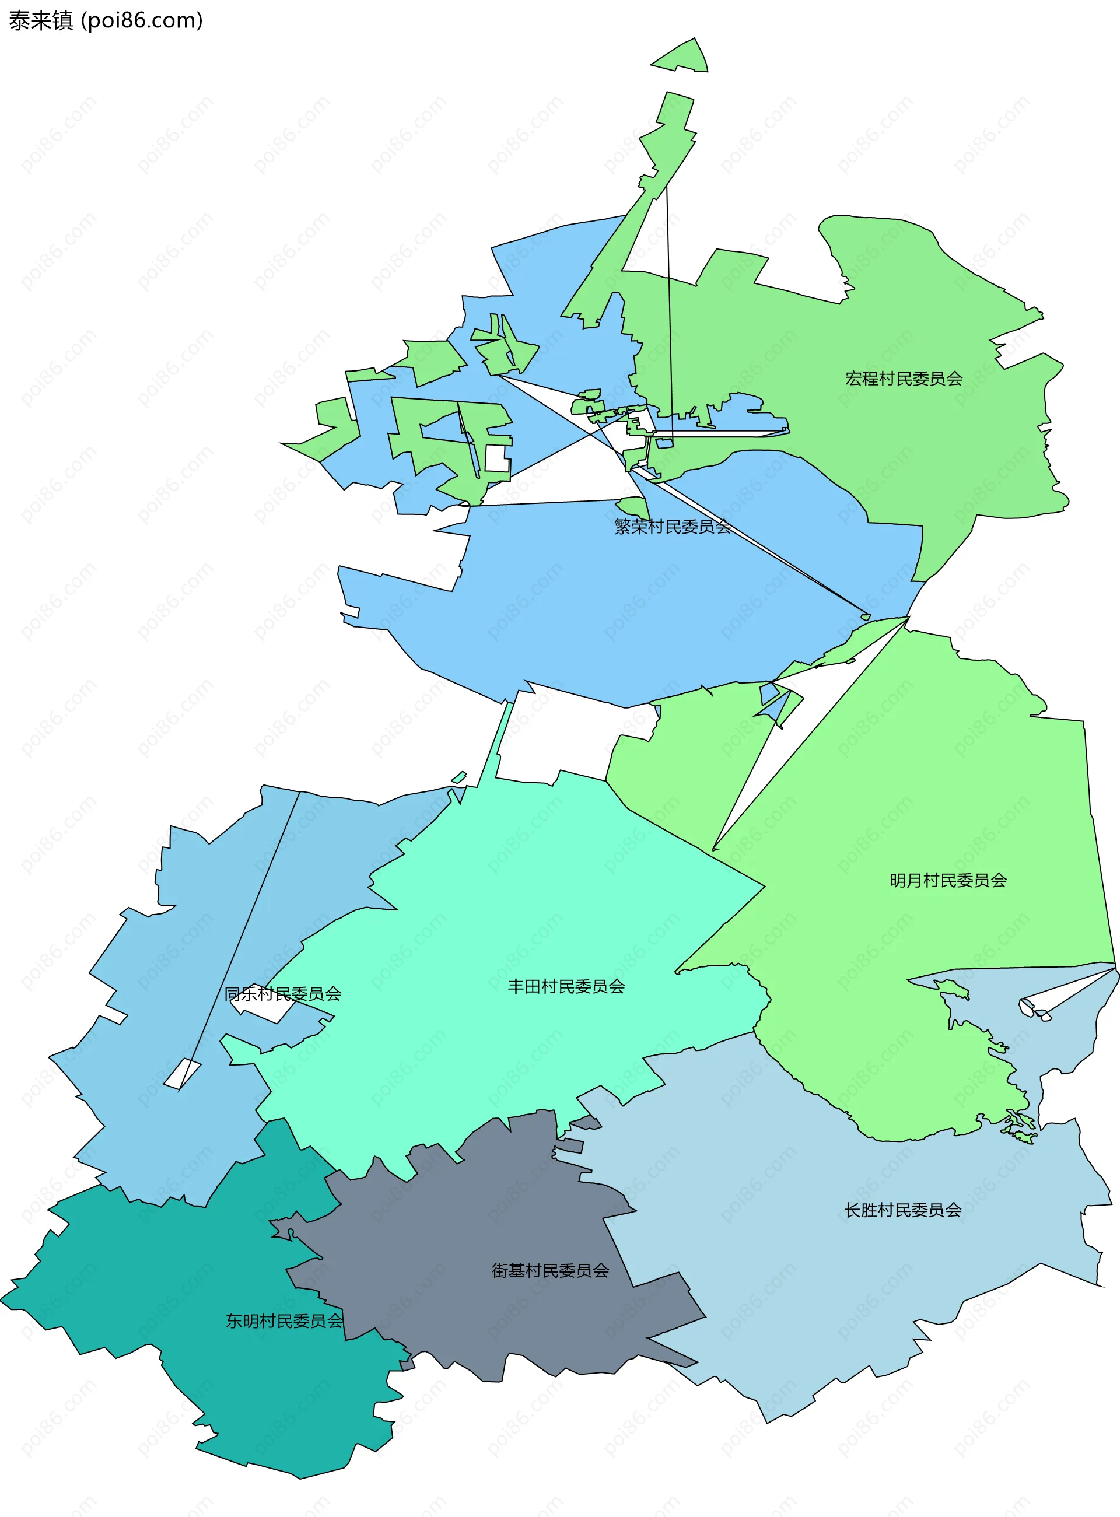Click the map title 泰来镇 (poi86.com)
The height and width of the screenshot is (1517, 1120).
pyautogui.click(x=105, y=20)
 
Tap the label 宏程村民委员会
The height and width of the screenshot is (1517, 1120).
pyautogui.click(x=903, y=379)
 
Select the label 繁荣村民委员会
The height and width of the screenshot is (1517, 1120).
pyautogui.click(x=672, y=526)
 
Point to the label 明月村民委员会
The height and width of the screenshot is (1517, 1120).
pyautogui.click(x=948, y=880)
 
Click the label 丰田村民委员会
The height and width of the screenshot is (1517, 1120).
pyautogui.click(x=566, y=986)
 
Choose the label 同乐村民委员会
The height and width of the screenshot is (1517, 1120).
pyautogui.click(x=283, y=994)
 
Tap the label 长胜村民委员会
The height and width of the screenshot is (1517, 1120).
pyautogui.click(x=902, y=1210)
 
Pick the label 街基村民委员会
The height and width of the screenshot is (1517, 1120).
pyautogui.click(x=550, y=1270)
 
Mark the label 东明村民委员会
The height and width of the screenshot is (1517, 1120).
pyautogui.click(x=284, y=1320)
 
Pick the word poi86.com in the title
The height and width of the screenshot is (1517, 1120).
pyautogui.click(x=142, y=20)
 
